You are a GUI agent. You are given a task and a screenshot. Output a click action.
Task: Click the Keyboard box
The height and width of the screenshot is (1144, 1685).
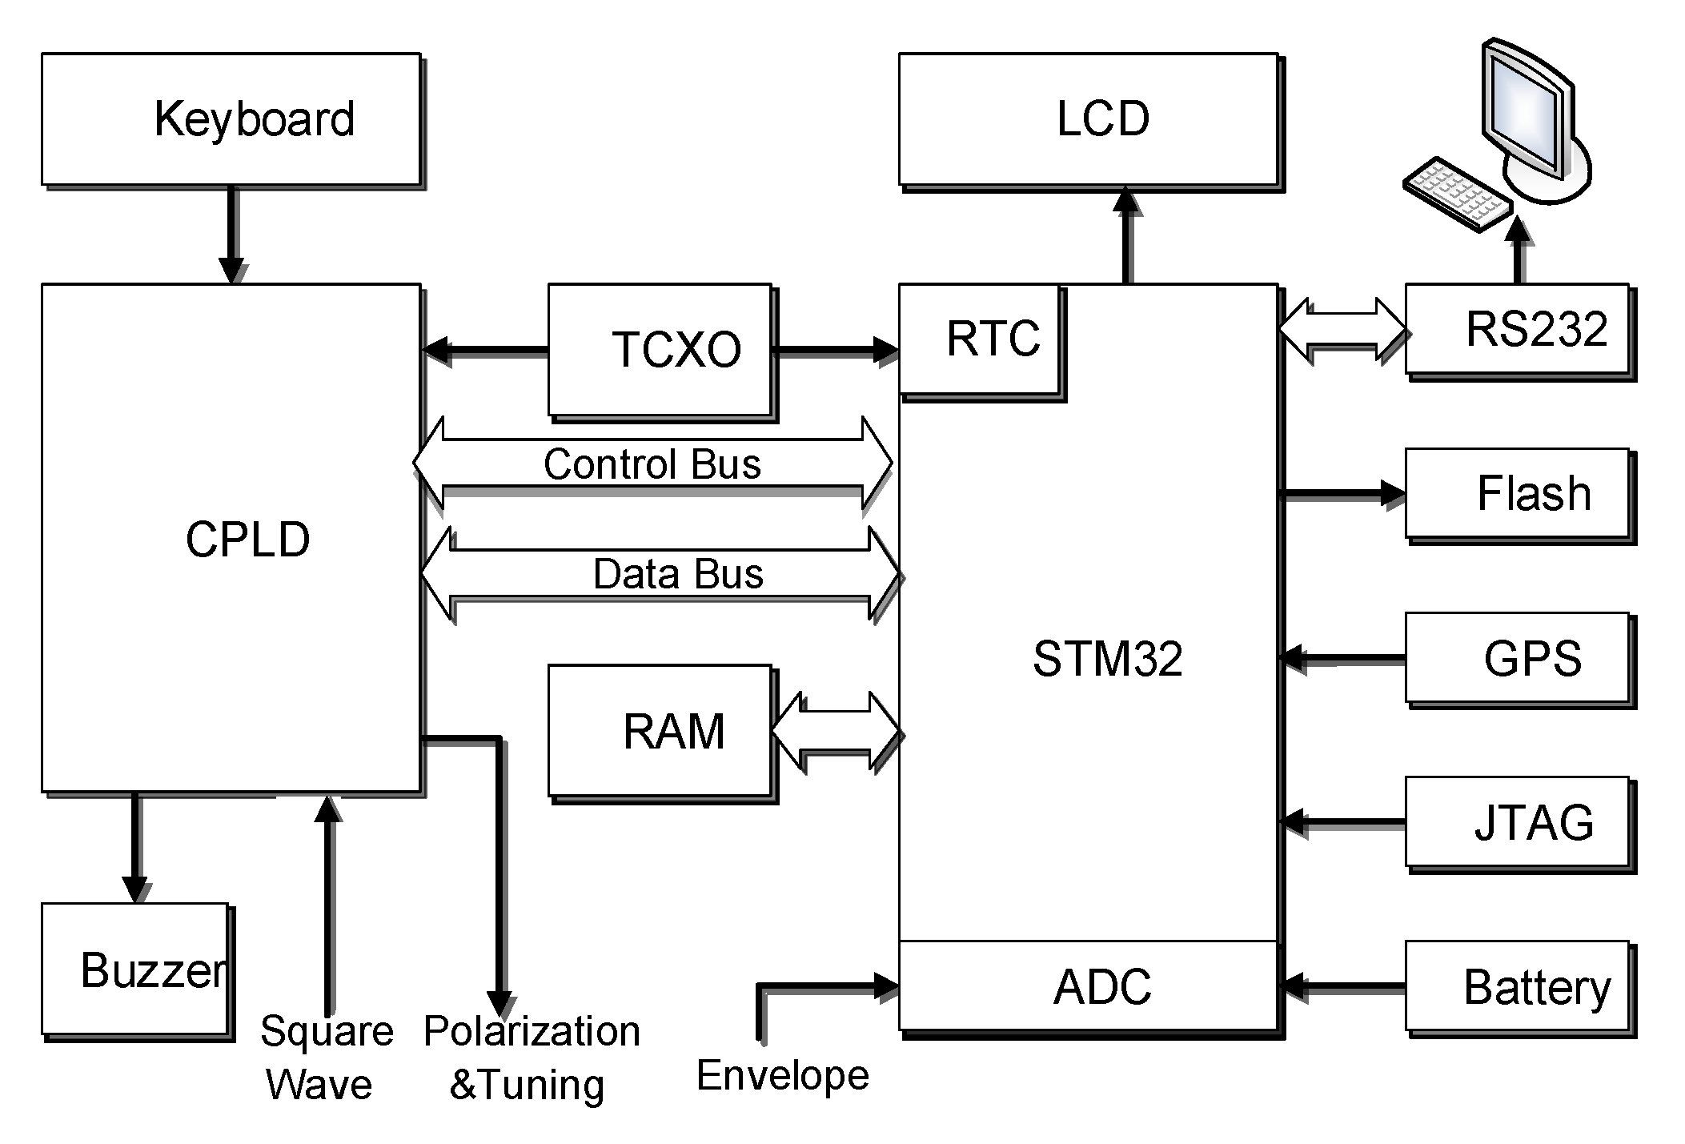pyautogui.click(x=231, y=119)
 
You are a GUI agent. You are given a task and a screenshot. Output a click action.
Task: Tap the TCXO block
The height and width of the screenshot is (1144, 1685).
pyautogui.click(x=660, y=350)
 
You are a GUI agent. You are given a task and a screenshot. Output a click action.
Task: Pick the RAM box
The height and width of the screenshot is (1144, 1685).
pyautogui.click(x=660, y=730)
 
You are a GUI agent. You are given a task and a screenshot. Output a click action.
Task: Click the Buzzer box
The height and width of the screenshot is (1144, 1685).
pyautogui.click(x=135, y=969)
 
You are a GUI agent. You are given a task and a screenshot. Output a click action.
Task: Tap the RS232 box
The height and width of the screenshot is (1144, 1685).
pyautogui.click(x=1517, y=328)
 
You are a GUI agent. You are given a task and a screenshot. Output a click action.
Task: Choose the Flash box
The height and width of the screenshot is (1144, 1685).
pyautogui.click(x=1517, y=492)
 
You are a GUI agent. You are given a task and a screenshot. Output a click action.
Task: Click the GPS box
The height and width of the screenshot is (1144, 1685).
pyautogui.click(x=1517, y=658)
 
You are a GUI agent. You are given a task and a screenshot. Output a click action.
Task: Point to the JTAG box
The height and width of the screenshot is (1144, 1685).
pyautogui.click(x=1517, y=822)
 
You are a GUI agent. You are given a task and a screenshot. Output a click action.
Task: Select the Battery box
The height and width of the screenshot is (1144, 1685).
pyautogui.click(x=1517, y=986)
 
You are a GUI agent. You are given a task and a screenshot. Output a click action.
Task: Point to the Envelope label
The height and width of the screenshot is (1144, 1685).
pyautogui.click(x=782, y=1074)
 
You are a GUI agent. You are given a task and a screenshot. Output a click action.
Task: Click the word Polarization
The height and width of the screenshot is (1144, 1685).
pyautogui.click(x=532, y=1031)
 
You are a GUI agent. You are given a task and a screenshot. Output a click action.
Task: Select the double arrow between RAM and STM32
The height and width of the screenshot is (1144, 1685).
pyautogui.click(x=836, y=732)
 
